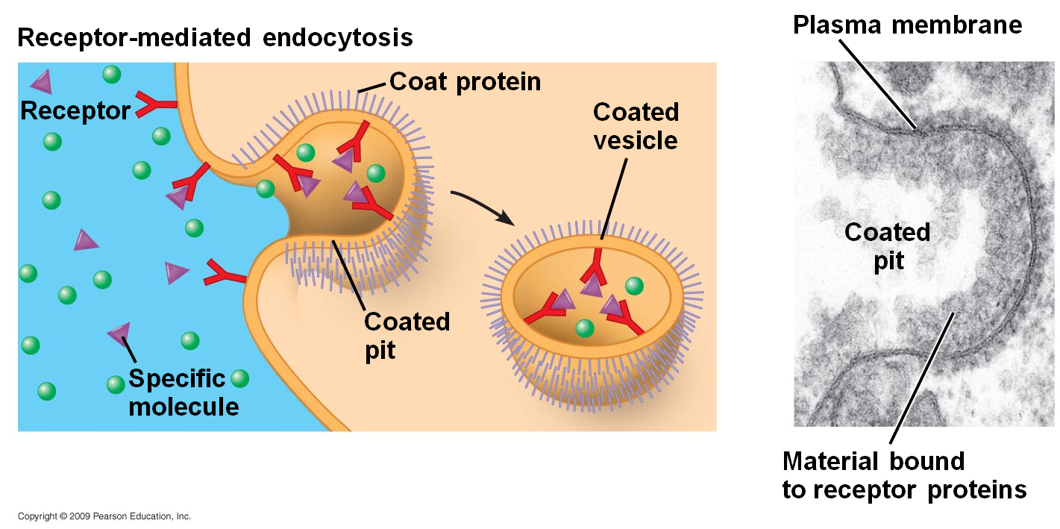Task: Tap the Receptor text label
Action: pyautogui.click(x=75, y=111)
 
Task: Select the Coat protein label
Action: pyautogui.click(x=465, y=81)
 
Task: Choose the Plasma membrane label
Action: pyautogui.click(x=907, y=25)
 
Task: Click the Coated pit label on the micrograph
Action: pyautogui.click(x=887, y=245)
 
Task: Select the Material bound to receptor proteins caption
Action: pyautogui.click(x=903, y=475)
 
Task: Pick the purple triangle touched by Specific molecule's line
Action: pyautogui.click(x=119, y=334)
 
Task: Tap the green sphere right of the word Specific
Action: pyautogui.click(x=239, y=378)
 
